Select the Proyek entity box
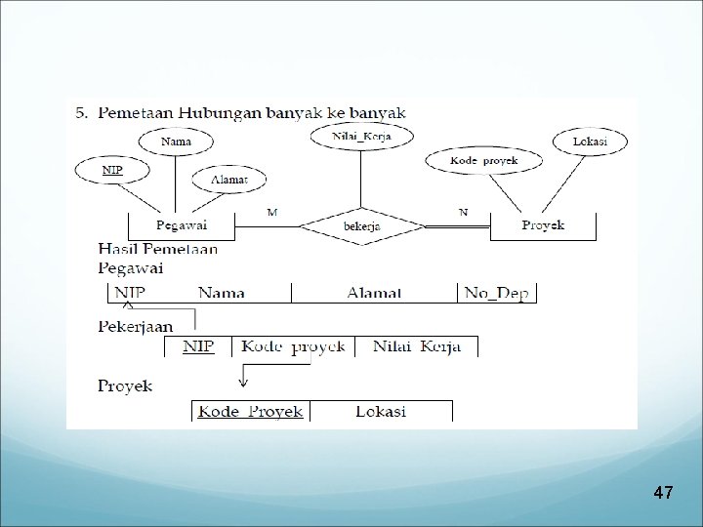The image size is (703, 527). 543,225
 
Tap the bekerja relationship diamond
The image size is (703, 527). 361,227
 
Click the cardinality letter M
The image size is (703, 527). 271,210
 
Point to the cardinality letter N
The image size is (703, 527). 464,211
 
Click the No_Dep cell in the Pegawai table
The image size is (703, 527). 497,292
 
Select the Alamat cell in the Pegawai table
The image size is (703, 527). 373,292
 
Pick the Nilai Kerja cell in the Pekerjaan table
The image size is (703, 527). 416,346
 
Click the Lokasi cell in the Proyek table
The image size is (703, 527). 381,411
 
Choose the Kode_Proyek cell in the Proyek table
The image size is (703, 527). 251,411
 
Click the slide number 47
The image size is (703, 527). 663,494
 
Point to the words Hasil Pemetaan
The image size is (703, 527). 158,250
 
